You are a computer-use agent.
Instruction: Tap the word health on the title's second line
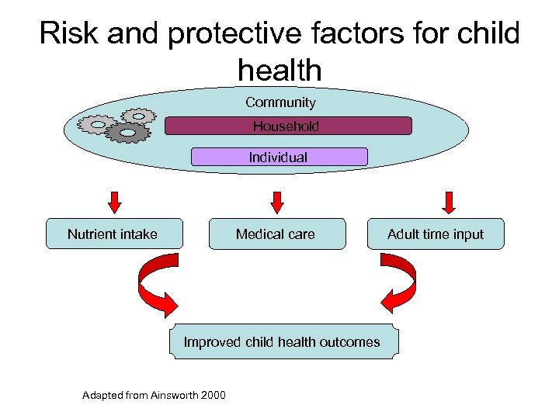click(x=279, y=71)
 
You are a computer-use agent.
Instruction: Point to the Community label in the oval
click(x=280, y=102)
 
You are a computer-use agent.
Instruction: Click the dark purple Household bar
click(x=288, y=126)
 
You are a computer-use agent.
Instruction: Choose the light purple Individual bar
click(x=279, y=157)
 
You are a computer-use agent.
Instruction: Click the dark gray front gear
click(x=128, y=133)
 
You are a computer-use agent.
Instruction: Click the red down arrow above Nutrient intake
click(x=115, y=202)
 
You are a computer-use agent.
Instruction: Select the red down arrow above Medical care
click(x=277, y=202)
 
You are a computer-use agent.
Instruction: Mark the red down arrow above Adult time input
click(x=448, y=202)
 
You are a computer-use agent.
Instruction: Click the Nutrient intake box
click(x=113, y=234)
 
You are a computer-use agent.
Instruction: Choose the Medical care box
click(x=276, y=234)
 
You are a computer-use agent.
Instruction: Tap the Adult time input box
click(x=436, y=234)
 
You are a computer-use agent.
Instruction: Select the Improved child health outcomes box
click(x=283, y=341)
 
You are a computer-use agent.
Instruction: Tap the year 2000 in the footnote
click(x=214, y=396)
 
